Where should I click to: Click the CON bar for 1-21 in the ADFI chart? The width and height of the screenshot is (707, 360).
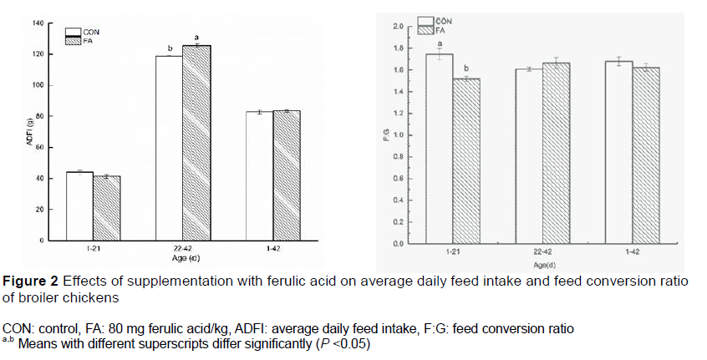79,206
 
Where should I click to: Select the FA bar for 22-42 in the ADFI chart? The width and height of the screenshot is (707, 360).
196,143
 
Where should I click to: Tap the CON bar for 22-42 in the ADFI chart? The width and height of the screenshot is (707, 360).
169,148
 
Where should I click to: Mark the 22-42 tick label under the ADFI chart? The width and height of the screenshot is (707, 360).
182,249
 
